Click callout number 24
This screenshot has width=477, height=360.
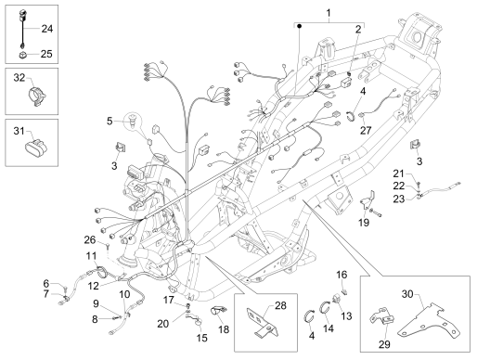(x=47, y=29)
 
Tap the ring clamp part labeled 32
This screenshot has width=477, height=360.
(x=37, y=96)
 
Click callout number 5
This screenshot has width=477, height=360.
(x=110, y=121)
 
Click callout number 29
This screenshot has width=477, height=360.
(x=384, y=344)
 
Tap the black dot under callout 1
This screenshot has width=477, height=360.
(x=299, y=27)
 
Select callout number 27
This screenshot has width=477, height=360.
(x=365, y=130)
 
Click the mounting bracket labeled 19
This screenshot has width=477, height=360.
(x=368, y=200)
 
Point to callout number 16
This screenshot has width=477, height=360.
(x=342, y=275)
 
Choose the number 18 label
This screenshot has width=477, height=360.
(x=224, y=329)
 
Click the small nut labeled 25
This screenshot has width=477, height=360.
(x=23, y=55)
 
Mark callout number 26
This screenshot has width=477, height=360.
(x=90, y=239)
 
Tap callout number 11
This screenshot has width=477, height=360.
(x=91, y=256)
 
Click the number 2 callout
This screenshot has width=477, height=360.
(x=358, y=30)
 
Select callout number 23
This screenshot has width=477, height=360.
(x=399, y=199)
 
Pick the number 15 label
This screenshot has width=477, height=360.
(x=201, y=338)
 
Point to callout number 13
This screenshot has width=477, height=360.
(x=346, y=316)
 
